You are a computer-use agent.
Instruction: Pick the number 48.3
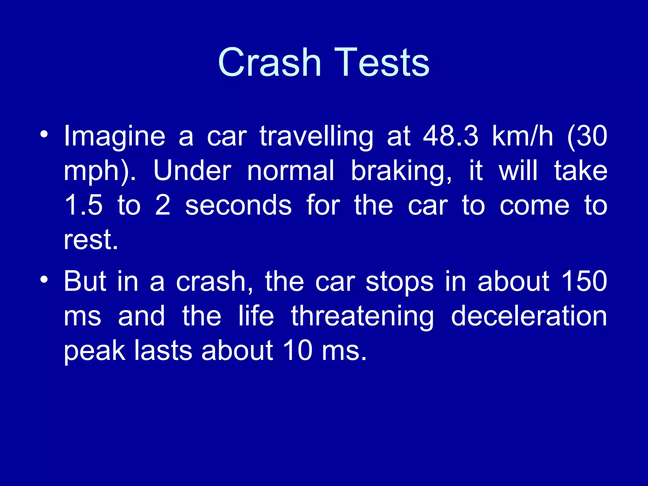451,136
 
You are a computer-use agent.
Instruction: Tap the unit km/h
523,136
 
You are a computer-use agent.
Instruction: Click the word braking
402,171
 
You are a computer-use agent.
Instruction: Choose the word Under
192,171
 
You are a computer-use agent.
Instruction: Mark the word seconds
238,206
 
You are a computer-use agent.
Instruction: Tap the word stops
400,282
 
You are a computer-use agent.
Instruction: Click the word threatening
363,316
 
